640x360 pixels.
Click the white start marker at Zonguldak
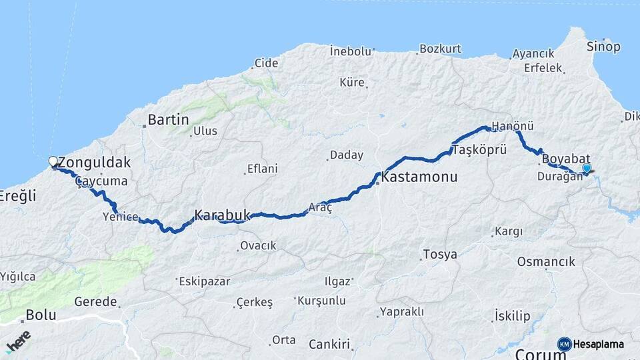(x=53, y=161)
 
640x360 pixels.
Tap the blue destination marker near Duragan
(x=586, y=169)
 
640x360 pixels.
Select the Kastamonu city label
(x=419, y=177)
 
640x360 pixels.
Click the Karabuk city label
(x=222, y=215)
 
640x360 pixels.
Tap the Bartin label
(x=168, y=120)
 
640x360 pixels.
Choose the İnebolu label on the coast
(x=351, y=50)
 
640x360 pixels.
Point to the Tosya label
(x=440, y=255)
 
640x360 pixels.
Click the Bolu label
(x=41, y=315)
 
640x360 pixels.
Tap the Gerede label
(x=95, y=301)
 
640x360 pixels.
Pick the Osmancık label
(x=546, y=261)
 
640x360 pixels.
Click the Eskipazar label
(x=204, y=281)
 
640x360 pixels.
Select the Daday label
(x=347, y=155)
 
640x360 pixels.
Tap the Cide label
(x=265, y=64)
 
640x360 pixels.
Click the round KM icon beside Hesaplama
(x=564, y=344)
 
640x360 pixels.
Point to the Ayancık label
(x=533, y=53)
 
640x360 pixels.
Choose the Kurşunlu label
(x=321, y=301)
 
